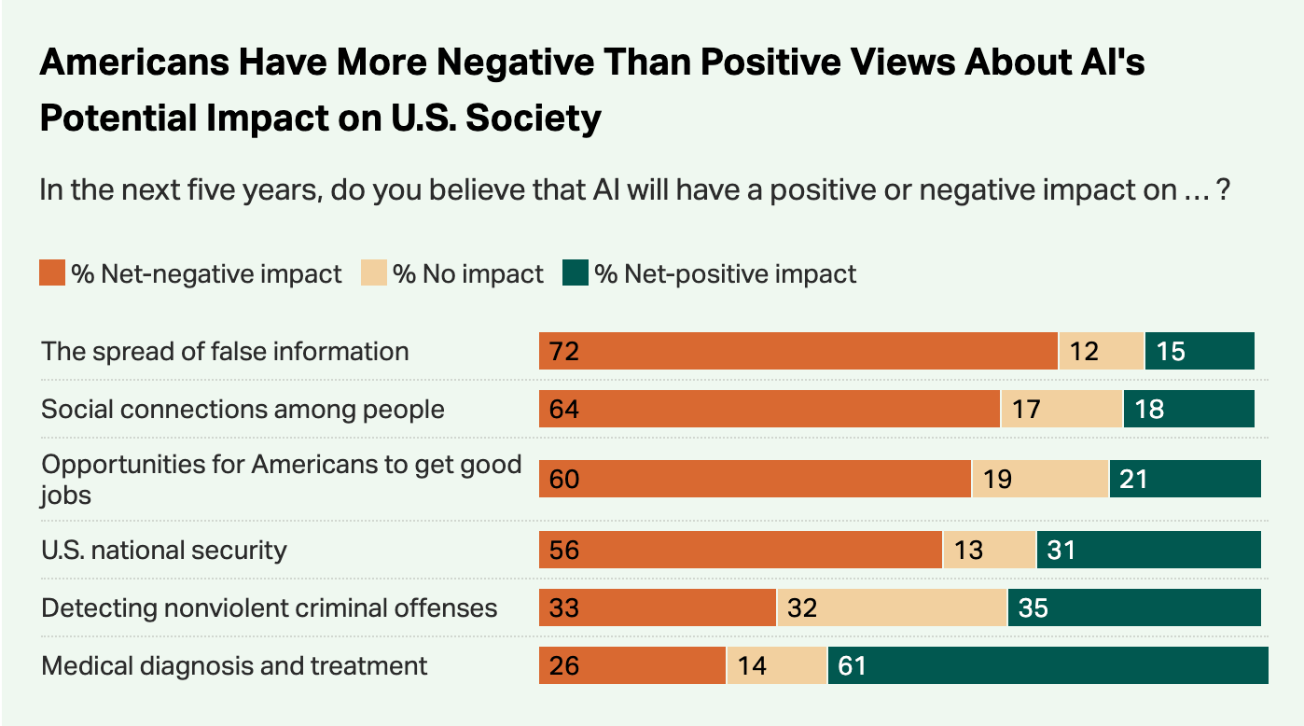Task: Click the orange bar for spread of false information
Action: [x=798, y=351]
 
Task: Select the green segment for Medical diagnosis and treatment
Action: [x=1047, y=665]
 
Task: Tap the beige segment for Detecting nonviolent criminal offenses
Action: [x=892, y=608]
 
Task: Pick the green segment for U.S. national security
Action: [x=1148, y=550]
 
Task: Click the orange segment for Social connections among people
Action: [x=770, y=409]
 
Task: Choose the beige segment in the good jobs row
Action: [x=1039, y=479]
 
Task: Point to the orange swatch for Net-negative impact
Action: [x=52, y=274]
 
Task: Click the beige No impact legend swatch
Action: [x=373, y=274]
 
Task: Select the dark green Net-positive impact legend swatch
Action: [x=576, y=274]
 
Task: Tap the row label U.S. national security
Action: [x=164, y=550]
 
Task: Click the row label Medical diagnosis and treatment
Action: [x=234, y=665]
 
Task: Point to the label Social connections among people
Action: [x=243, y=409]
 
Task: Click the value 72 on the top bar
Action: [x=564, y=352]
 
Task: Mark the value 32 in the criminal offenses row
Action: [x=801, y=608]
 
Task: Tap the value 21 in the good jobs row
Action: [x=1132, y=480]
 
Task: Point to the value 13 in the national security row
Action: [x=968, y=551]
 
